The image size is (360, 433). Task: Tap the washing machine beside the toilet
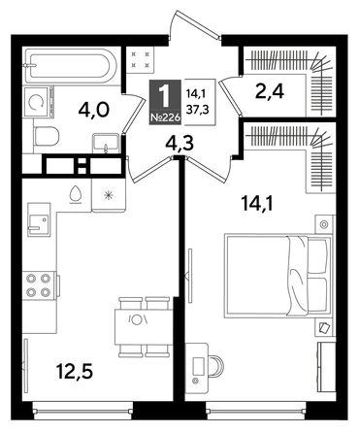[x=39, y=100]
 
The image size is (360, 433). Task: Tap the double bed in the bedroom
[x=275, y=275]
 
